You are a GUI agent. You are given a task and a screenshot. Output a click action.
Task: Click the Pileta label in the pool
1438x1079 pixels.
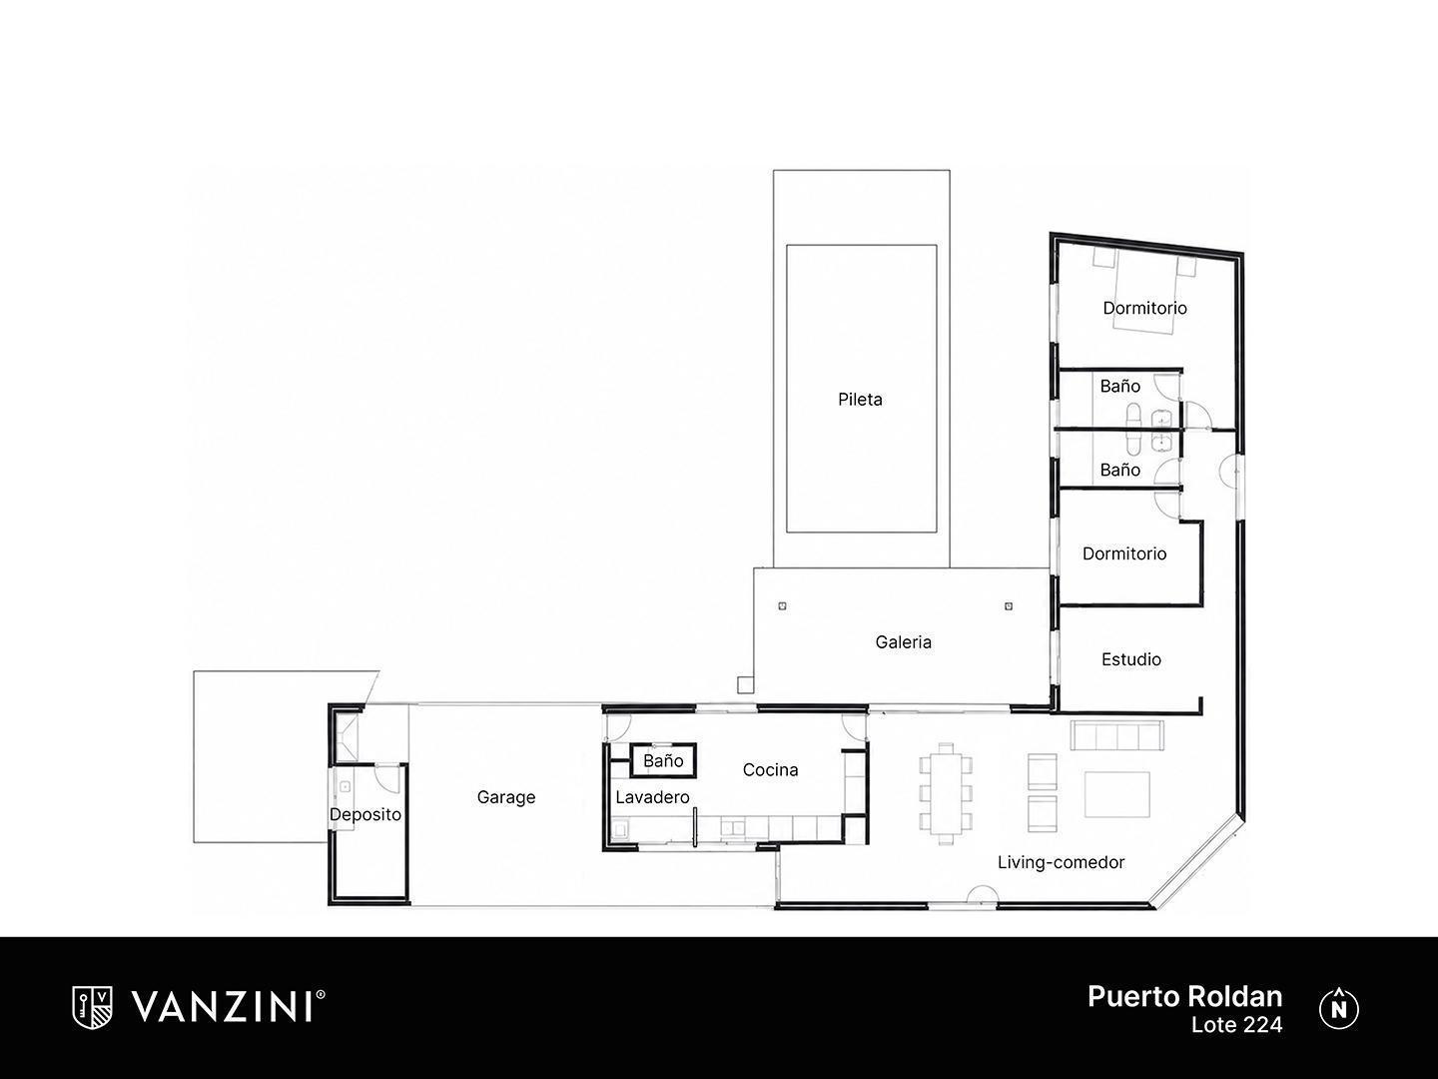point(860,399)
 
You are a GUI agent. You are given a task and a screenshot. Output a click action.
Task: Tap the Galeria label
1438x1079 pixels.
point(903,642)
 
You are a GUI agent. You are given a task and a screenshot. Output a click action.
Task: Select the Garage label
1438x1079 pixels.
point(505,797)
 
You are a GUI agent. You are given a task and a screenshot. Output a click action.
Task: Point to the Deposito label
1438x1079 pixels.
point(364,814)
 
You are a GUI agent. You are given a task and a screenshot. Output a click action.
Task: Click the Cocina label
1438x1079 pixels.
point(770,769)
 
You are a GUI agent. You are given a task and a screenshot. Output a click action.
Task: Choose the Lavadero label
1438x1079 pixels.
point(652,797)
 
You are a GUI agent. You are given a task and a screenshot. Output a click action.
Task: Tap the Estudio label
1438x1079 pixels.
point(1130,659)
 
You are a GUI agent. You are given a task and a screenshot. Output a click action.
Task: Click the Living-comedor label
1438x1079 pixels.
point(1061,862)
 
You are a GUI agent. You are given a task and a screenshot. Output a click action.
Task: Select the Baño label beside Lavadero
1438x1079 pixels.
point(663,760)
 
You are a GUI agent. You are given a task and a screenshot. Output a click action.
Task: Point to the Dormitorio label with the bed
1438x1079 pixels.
point(1144,308)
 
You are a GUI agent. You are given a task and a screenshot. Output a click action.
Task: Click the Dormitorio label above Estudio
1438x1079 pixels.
point(1124,553)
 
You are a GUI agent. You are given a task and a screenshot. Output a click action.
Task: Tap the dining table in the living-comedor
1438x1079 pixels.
point(946,793)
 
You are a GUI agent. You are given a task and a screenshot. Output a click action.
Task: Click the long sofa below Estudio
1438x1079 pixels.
point(1117,735)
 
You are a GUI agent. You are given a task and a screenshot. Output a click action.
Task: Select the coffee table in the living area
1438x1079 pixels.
point(1117,794)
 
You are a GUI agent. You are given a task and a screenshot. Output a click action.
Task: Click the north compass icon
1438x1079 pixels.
point(1338,1008)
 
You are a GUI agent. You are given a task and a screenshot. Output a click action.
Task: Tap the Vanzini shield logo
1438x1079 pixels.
point(92,1008)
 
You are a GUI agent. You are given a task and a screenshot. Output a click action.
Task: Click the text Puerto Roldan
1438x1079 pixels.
point(1184,996)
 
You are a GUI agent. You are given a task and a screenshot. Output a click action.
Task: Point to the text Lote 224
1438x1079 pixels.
point(1236,1025)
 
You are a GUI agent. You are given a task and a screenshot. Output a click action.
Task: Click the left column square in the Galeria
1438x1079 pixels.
point(782,606)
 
